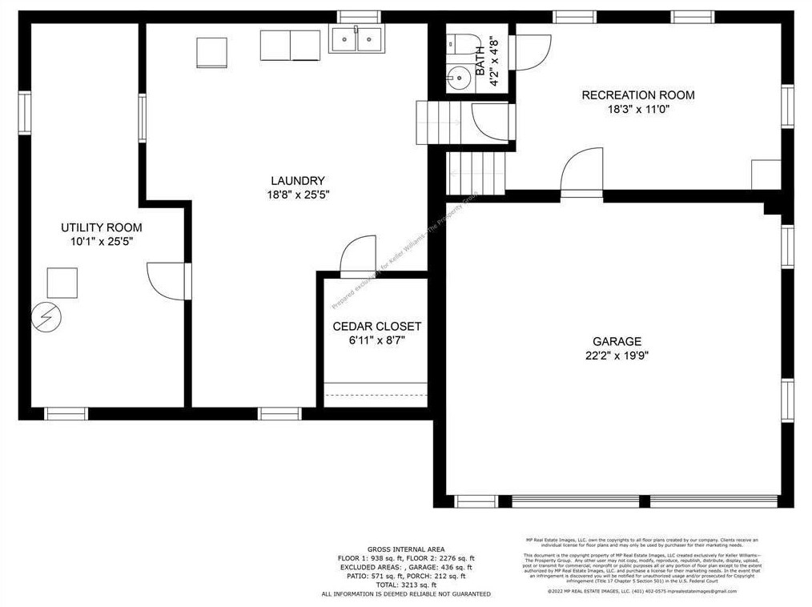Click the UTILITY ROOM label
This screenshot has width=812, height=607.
[x=102, y=227]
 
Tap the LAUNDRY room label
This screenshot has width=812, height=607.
[x=297, y=181]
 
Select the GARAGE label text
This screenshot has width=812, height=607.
[x=617, y=342]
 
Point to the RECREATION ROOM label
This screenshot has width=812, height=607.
[x=637, y=95]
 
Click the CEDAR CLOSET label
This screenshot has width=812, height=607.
[x=376, y=327]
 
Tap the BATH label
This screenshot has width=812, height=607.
[x=480, y=61]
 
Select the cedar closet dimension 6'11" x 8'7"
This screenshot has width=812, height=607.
[x=376, y=340]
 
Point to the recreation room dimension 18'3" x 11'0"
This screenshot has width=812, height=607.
[x=637, y=110]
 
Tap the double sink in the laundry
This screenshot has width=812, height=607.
[x=356, y=38]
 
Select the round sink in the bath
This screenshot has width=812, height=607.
[x=460, y=78]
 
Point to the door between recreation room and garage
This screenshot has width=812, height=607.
[x=581, y=176]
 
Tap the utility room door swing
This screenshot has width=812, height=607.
[x=167, y=280]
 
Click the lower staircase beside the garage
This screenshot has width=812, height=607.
[x=478, y=174]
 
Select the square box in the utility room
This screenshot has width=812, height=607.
[x=62, y=283]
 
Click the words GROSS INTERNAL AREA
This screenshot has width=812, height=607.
[x=406, y=549]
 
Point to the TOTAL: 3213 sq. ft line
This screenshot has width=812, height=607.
[x=406, y=585]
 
